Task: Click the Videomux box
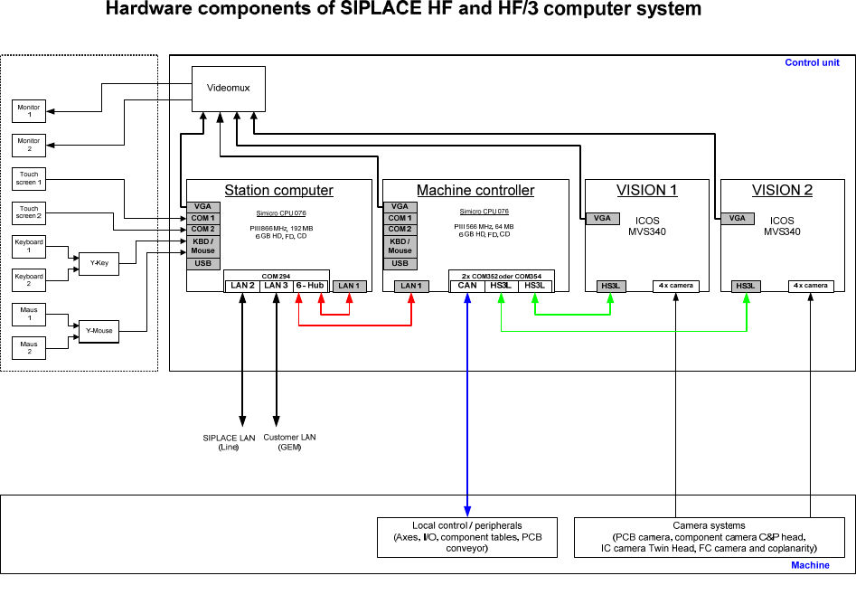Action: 221,88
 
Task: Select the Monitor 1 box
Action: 29,112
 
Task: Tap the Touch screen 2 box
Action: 29,212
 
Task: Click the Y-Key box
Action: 99,263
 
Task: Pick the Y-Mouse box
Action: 99,330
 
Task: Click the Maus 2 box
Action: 29,346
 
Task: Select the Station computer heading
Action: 278,191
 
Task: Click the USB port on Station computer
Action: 202,263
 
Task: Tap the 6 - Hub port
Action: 310,286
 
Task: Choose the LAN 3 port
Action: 277,286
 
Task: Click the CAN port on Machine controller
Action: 466,286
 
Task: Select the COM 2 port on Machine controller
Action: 400,229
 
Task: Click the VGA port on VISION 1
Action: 601,218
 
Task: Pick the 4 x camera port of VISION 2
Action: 811,286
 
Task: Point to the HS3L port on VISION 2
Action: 746,286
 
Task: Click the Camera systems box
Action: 709,537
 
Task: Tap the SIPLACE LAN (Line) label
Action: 229,442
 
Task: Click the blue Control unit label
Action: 812,63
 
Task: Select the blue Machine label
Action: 810,565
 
